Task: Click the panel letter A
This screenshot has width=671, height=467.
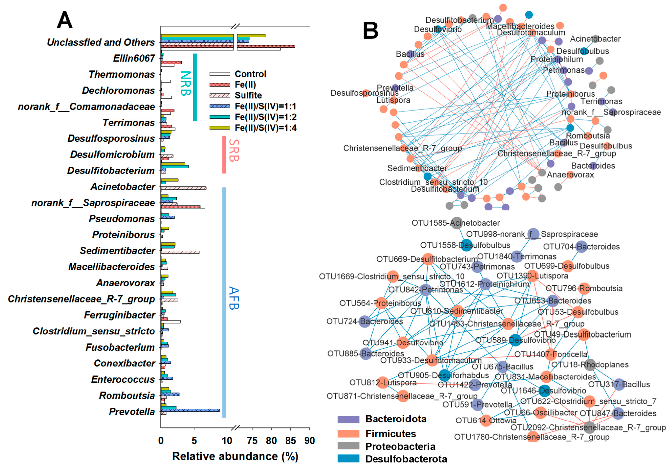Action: (65, 21)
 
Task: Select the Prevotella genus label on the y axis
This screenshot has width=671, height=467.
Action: (132, 412)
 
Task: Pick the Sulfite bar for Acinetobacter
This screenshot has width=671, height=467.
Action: (184, 188)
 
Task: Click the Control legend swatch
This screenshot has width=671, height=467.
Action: (220, 74)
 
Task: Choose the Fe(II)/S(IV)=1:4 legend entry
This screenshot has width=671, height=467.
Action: (265, 128)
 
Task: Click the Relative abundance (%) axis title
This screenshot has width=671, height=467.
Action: (235, 456)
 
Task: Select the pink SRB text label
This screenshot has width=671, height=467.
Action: (234, 151)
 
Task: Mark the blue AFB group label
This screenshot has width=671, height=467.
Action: (234, 298)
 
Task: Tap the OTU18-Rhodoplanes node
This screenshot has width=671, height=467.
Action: (590, 365)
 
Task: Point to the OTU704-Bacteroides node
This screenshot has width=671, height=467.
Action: (581, 247)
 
